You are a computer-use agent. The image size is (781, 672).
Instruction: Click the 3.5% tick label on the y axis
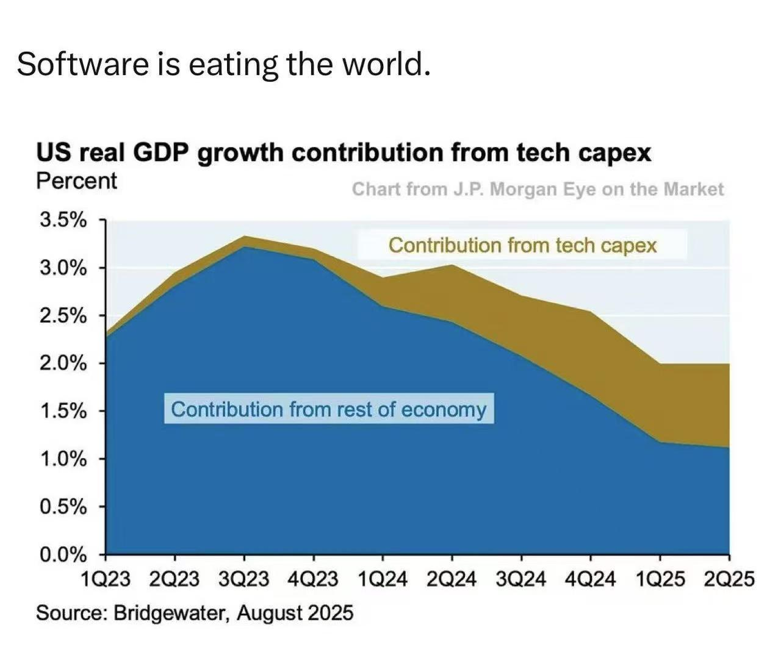[x=63, y=220]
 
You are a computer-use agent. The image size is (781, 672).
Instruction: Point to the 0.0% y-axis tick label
[x=63, y=554]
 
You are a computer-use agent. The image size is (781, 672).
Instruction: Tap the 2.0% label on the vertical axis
[x=63, y=363]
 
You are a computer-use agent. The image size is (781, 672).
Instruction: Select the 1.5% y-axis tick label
[x=63, y=411]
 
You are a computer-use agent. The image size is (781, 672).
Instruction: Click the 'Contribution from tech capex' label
[x=522, y=245]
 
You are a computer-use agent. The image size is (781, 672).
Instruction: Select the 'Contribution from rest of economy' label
[x=328, y=409]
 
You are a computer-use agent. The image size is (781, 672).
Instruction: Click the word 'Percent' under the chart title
[x=76, y=181]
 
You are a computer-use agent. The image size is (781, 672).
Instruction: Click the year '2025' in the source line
[x=330, y=612]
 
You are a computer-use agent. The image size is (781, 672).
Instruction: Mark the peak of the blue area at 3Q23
[x=244, y=246]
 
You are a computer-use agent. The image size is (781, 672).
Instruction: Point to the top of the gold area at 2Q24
[x=452, y=265]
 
